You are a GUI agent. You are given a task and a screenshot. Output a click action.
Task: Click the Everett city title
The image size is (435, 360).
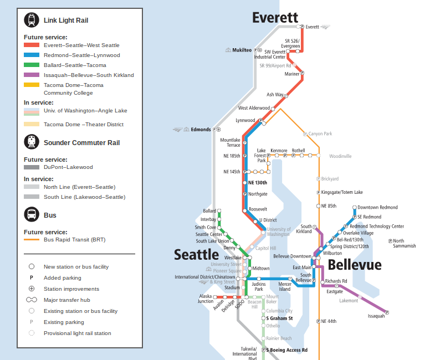(x=275, y=18)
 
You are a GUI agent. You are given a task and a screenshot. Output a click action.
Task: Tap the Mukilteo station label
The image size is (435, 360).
(x=242, y=50)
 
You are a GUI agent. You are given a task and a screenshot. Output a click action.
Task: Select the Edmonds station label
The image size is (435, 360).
(x=201, y=130)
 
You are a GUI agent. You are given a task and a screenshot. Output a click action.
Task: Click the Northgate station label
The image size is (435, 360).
(x=258, y=194)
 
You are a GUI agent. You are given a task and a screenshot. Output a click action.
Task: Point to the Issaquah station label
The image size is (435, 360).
(x=376, y=316)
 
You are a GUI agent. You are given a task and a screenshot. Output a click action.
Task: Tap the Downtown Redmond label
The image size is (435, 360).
(x=377, y=208)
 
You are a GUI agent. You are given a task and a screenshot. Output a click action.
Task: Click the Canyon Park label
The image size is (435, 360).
(x=320, y=134)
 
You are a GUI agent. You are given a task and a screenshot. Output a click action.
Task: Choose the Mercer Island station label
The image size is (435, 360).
(x=284, y=286)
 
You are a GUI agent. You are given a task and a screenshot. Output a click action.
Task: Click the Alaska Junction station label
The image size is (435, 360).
(x=206, y=299)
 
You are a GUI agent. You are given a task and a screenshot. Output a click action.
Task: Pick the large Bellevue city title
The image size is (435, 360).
(x=354, y=264)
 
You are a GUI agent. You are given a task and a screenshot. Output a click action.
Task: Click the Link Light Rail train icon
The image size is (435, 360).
(x=31, y=20)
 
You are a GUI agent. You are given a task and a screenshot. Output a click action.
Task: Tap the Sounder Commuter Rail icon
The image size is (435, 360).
(x=31, y=142)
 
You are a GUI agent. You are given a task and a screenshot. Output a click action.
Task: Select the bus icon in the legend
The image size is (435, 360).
(x=31, y=215)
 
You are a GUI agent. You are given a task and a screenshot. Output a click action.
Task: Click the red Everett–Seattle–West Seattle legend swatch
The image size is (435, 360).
(x=31, y=45)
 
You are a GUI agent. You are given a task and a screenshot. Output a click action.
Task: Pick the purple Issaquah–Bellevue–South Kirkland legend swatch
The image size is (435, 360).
(x=31, y=75)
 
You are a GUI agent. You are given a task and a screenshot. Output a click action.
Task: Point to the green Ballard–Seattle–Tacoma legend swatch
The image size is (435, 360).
(x=31, y=65)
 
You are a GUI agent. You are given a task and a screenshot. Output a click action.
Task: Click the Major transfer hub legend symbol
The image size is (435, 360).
(x=32, y=300)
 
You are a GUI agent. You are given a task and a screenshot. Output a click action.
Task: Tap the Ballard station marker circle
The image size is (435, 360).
(x=219, y=211)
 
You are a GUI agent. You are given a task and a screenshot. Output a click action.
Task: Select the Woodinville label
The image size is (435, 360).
(x=340, y=156)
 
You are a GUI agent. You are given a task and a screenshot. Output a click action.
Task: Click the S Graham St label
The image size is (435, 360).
(x=279, y=318)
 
